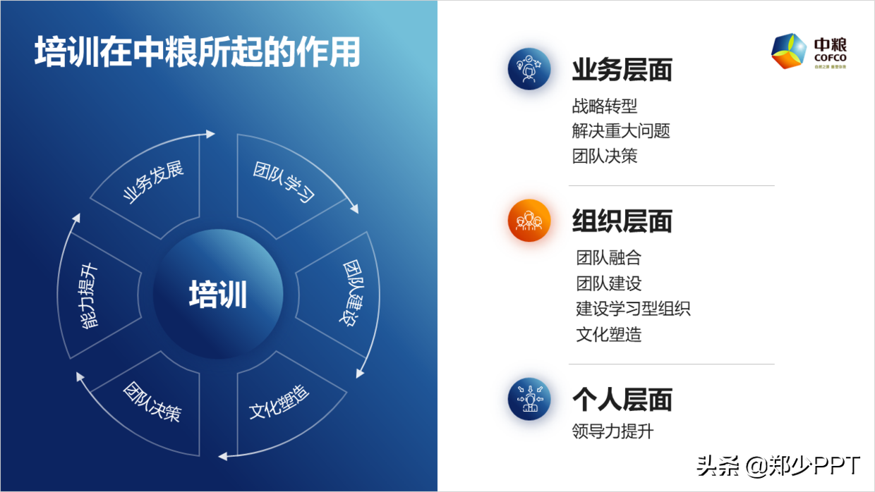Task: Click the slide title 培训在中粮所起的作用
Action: coord(198,53)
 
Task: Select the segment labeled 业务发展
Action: coord(152,183)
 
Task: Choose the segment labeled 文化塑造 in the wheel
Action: coord(280,403)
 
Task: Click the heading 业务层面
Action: coord(622,70)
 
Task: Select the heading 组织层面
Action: coord(622,221)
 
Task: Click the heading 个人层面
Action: coord(622,400)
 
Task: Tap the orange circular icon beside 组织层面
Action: coord(529,221)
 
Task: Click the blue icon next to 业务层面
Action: coord(529,68)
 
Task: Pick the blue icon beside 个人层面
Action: coord(529,399)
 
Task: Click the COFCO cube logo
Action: coord(789,51)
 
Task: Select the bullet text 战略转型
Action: coord(605,106)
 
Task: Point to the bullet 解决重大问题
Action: coord(621,131)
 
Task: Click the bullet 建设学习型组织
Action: coord(633,309)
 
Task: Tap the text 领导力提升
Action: coord(612,431)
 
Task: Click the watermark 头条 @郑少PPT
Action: coord(778,466)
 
